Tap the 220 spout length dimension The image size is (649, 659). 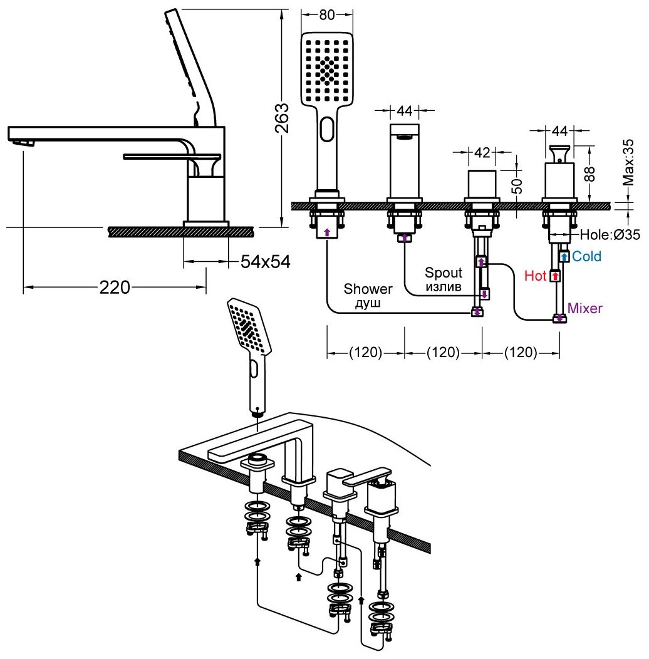pyautogui.click(x=115, y=288)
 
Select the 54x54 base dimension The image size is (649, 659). pyautogui.click(x=266, y=262)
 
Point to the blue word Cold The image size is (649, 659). pyautogui.click(x=587, y=256)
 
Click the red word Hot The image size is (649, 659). pyautogui.click(x=536, y=276)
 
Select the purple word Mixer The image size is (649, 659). pyautogui.click(x=585, y=308)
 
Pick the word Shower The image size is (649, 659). pyautogui.click(x=368, y=289)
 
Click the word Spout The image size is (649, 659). pyautogui.click(x=444, y=272)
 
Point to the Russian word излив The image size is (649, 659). pyautogui.click(x=444, y=287)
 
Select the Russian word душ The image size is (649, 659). pyautogui.click(x=368, y=303)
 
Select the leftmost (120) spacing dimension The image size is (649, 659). pyautogui.click(x=365, y=353)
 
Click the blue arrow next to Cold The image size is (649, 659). pyautogui.click(x=564, y=256)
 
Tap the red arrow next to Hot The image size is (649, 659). pyautogui.click(x=554, y=276)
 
